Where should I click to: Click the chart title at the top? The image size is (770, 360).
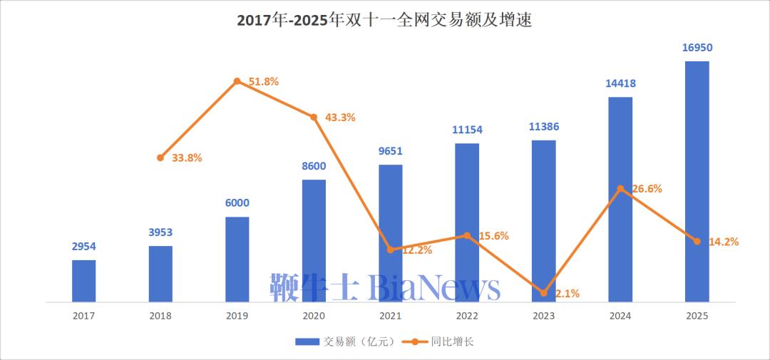tap(384, 21)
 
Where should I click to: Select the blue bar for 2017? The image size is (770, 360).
tap(83, 281)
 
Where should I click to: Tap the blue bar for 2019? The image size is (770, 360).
tap(237, 259)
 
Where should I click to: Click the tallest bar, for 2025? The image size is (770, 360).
tap(697, 182)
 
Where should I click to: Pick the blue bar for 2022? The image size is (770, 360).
tap(467, 222)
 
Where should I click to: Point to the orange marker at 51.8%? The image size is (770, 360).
tap(237, 81)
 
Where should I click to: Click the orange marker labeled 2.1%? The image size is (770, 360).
tap(543, 293)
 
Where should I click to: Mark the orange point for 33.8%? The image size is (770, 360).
tap(160, 158)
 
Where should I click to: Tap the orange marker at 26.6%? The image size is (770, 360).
tap(620, 189)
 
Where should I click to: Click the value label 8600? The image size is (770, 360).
tap(314, 167)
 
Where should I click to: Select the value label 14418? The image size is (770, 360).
tap(620, 83)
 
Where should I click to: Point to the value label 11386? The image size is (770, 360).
tap(544, 127)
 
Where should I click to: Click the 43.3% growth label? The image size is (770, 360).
tap(340, 118)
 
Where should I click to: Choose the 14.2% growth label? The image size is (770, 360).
tap(724, 242)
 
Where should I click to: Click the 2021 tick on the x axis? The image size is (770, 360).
tap(390, 315)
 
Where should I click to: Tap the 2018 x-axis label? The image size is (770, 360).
tap(160, 315)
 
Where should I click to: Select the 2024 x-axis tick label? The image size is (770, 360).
tap(620, 315)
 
